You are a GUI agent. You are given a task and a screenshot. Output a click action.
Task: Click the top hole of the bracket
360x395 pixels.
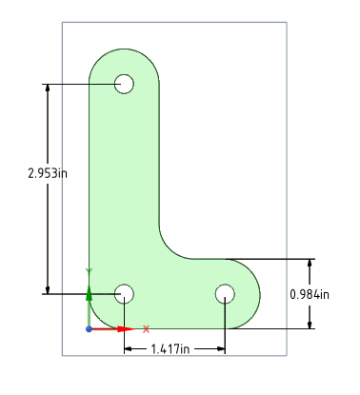124,84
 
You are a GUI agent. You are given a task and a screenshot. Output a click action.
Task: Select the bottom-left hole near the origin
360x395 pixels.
124,293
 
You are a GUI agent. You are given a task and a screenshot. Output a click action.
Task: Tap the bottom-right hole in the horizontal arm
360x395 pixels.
225,293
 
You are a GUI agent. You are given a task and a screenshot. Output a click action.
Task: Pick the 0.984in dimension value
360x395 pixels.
310,293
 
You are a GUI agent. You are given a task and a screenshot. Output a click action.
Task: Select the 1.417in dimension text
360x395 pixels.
174,348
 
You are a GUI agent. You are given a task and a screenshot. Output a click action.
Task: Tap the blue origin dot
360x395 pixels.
89,328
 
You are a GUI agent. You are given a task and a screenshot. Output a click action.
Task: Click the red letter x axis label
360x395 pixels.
146,328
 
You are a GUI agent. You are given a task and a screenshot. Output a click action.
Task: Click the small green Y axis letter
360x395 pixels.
89,272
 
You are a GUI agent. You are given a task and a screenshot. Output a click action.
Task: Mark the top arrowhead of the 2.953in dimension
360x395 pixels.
47,89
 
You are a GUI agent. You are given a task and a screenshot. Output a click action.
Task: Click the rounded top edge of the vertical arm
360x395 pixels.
124,49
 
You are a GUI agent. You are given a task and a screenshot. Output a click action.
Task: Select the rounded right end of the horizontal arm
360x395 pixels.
259,293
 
